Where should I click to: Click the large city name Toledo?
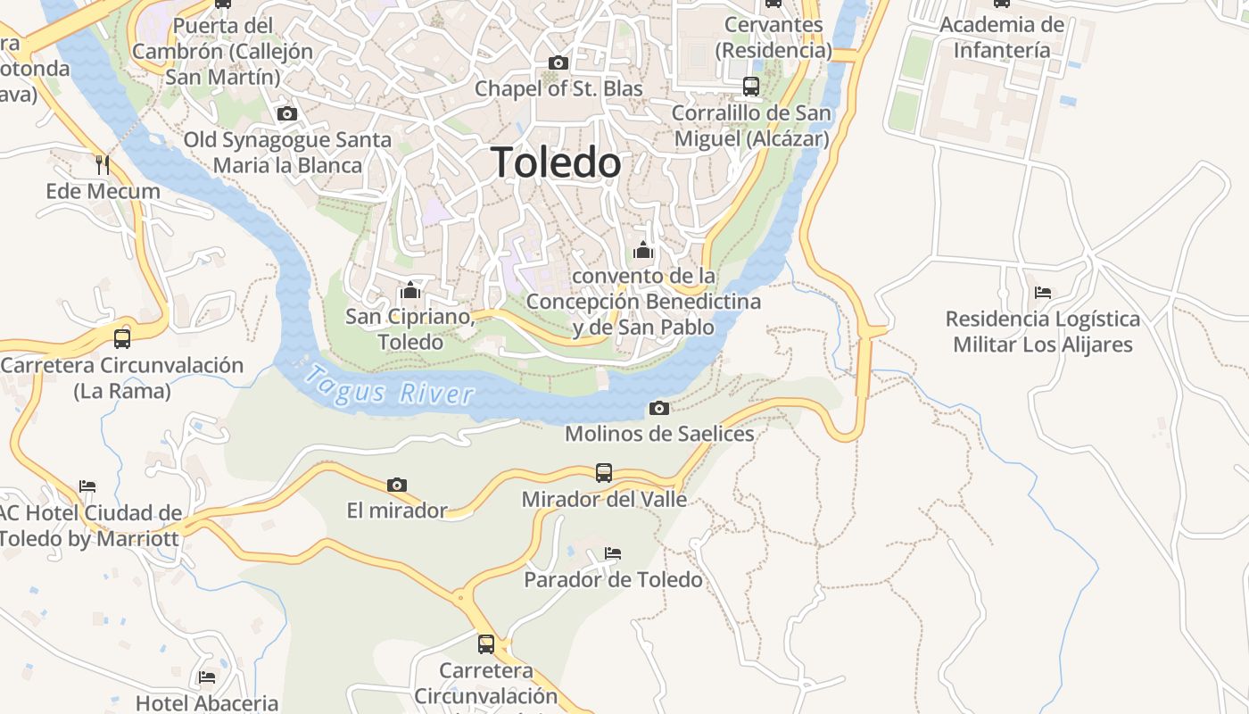pyautogui.click(x=556, y=162)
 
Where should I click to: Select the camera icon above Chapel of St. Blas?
pyautogui.click(x=558, y=62)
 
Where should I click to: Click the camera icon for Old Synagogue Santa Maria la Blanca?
pyautogui.click(x=287, y=113)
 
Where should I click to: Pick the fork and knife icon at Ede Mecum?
pyautogui.click(x=103, y=164)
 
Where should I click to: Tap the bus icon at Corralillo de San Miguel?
pyautogui.click(x=751, y=87)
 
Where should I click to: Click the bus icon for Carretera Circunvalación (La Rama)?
pyautogui.click(x=122, y=338)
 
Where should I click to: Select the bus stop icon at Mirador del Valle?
pyautogui.click(x=604, y=472)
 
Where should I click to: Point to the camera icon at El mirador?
pyautogui.click(x=397, y=485)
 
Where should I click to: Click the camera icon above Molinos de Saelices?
pyautogui.click(x=659, y=408)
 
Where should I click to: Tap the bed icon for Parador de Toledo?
pyautogui.click(x=613, y=553)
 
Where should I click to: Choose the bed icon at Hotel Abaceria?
pyautogui.click(x=207, y=677)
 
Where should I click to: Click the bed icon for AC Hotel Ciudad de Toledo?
pyautogui.click(x=87, y=486)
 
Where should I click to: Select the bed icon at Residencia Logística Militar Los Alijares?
pyautogui.click(x=1043, y=293)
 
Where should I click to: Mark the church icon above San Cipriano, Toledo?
pyautogui.click(x=410, y=290)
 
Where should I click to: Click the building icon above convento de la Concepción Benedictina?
pyautogui.click(x=643, y=251)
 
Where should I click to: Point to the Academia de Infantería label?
pyautogui.click(x=1002, y=37)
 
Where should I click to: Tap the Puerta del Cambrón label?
pyautogui.click(x=223, y=51)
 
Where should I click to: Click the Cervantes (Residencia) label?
pyautogui.click(x=773, y=37)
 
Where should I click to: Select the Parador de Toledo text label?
pyautogui.click(x=613, y=580)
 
